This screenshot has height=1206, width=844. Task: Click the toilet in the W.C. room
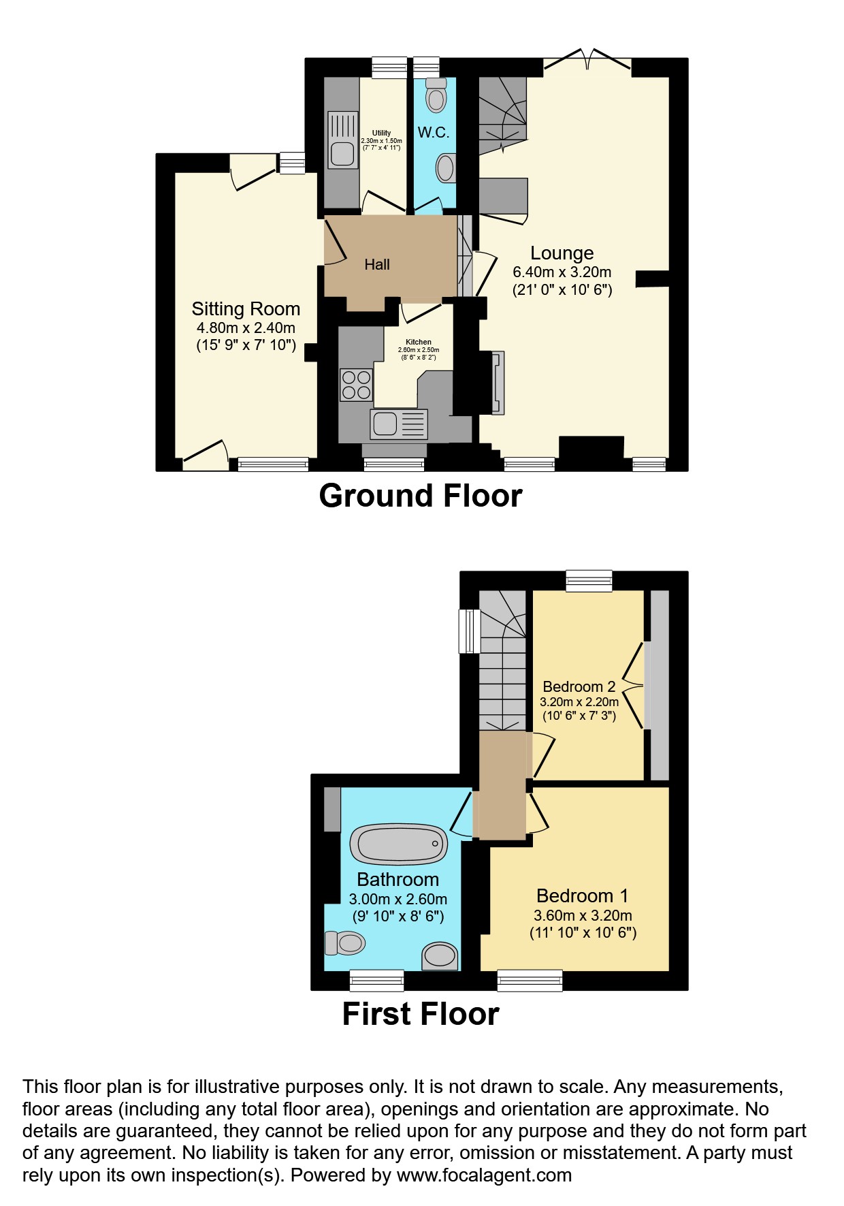pyautogui.click(x=436, y=95)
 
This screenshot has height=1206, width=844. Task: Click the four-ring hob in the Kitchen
pyautogui.click(x=356, y=385)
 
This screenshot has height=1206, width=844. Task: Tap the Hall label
pyautogui.click(x=377, y=265)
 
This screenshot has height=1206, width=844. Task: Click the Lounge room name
pyautogui.click(x=562, y=253)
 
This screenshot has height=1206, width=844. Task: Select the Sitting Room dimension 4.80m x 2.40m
pyautogui.click(x=246, y=328)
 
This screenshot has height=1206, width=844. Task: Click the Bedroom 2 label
pyautogui.click(x=579, y=686)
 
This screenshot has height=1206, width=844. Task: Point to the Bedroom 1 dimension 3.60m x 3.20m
pyautogui.click(x=583, y=916)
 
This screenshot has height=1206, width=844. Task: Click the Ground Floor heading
pyautogui.click(x=421, y=496)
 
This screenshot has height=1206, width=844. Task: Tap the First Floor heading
pyautogui.click(x=421, y=1014)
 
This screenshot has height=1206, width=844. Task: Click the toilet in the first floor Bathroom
pyautogui.click(x=345, y=943)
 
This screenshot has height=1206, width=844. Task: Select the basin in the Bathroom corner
pyautogui.click(x=440, y=955)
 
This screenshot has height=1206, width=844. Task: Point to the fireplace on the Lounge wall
pyautogui.click(x=498, y=383)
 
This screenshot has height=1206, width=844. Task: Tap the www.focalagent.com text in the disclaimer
pyautogui.click(x=484, y=1175)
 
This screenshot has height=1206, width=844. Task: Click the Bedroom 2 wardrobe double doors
pyautogui.click(x=636, y=686)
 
